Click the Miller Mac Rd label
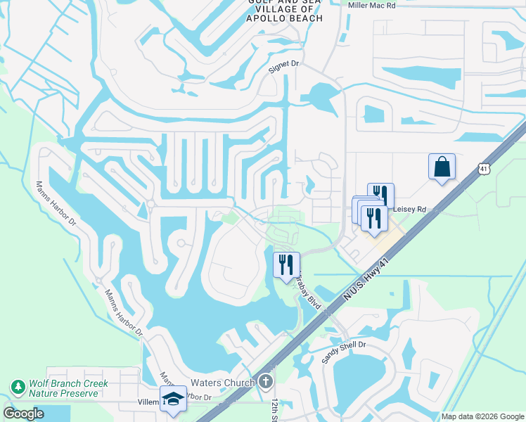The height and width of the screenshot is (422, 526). coord(373,5)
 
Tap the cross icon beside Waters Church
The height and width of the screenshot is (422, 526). coord(265,383)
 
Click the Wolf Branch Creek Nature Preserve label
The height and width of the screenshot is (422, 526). coord(68,388)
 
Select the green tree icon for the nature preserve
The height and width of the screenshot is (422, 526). coord(17,388)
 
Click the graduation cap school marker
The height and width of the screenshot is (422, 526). coord(173,399)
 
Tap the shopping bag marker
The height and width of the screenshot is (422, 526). coord(442,167)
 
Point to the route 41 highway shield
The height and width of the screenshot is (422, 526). coord(482,170)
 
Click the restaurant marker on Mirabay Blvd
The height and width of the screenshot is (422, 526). coord(286,265)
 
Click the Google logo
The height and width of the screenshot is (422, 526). coord(23,414)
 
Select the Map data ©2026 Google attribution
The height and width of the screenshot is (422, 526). coord(482,416)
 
